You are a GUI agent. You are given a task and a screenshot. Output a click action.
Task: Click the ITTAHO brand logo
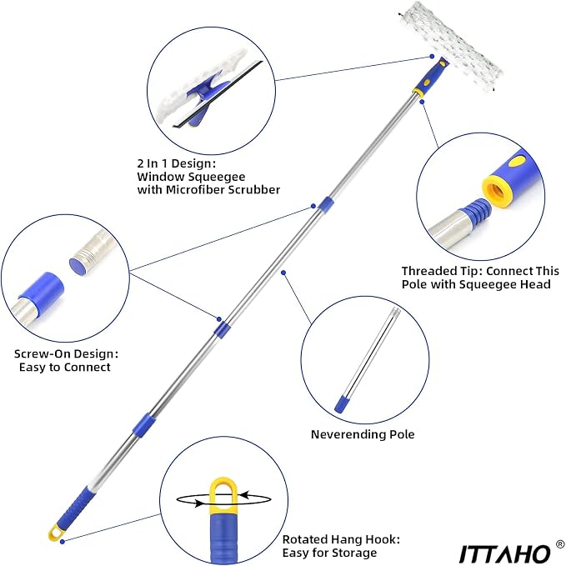(x=504, y=553)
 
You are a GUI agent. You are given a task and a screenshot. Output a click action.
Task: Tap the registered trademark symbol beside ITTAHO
(x=560, y=543)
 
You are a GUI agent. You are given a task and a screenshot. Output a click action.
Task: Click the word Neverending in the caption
(x=342, y=434)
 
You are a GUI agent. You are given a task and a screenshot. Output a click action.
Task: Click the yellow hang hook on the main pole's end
(x=56, y=532)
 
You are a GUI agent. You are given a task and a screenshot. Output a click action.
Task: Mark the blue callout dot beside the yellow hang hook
(x=63, y=542)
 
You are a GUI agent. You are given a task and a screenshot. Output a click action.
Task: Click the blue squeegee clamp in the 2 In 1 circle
(x=204, y=98)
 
